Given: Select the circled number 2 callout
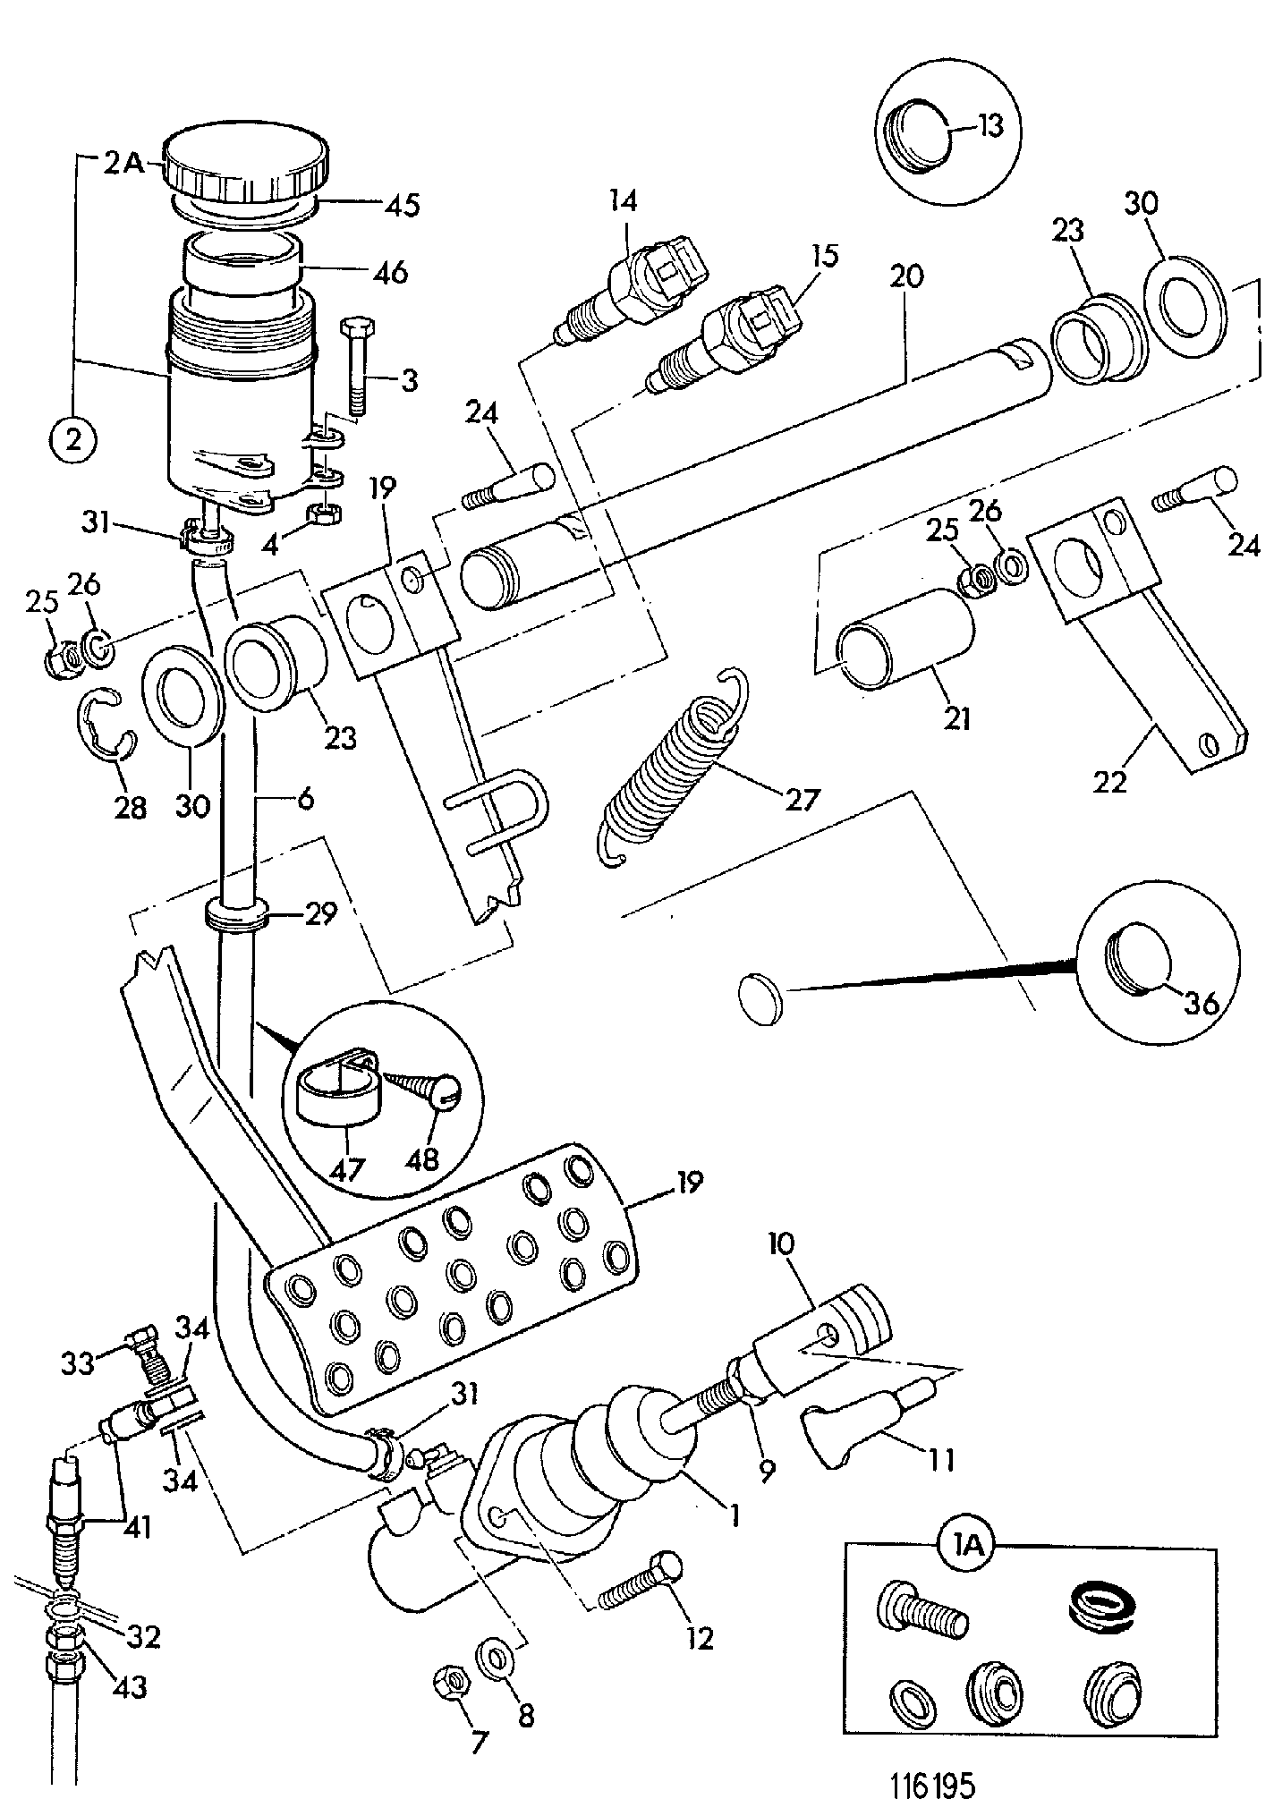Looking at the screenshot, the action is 73,439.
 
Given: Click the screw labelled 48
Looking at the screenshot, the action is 421,1094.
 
